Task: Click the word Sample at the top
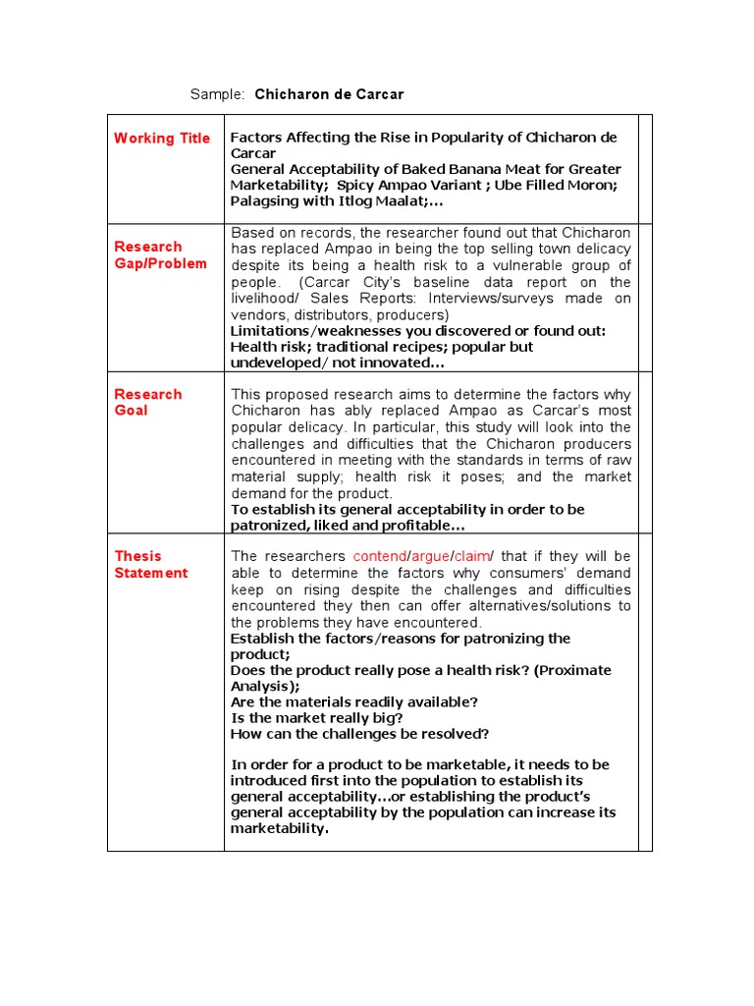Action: pyautogui.click(x=216, y=94)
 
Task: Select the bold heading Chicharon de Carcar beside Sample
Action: pyautogui.click(x=329, y=94)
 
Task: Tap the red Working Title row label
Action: pyautogui.click(x=162, y=139)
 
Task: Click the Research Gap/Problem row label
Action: pyautogui.click(x=161, y=255)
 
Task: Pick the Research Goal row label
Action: pyautogui.click(x=148, y=402)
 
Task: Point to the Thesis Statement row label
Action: pyautogui.click(x=151, y=564)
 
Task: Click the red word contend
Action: pyautogui.click(x=379, y=556)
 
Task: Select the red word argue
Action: pyautogui.click(x=430, y=556)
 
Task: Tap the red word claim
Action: pyautogui.click(x=472, y=556)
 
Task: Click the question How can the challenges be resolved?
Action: pyautogui.click(x=359, y=733)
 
